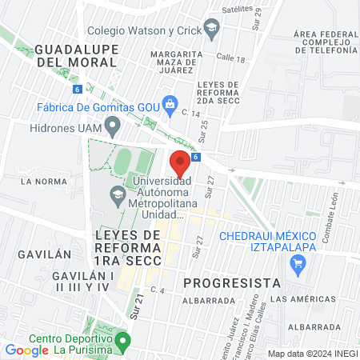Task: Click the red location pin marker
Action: coord(180,163)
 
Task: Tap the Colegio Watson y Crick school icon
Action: coord(211,30)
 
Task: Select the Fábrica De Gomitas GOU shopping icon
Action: coord(170,103)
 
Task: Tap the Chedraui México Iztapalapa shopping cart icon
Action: coord(301,270)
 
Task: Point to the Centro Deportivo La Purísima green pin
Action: coord(122,342)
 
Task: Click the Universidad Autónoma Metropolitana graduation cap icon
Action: coord(118,194)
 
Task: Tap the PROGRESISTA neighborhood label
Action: coord(231,282)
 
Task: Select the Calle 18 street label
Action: coord(230,58)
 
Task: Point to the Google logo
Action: coord(26,350)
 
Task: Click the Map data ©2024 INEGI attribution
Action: coord(312,354)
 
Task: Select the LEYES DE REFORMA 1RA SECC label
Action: coord(128,247)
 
